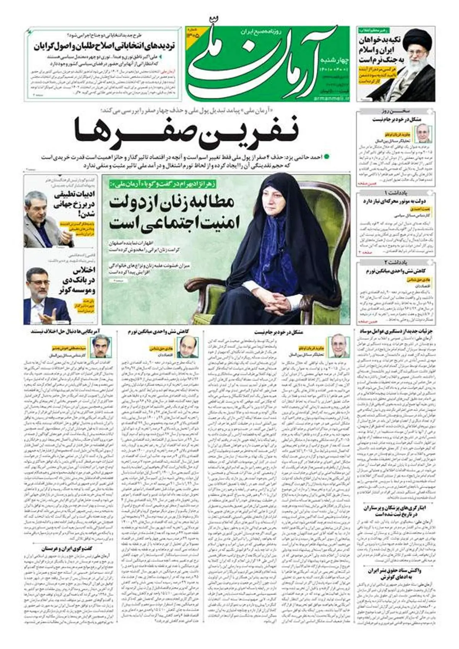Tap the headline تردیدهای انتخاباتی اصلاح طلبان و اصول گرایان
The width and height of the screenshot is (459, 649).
coord(104,47)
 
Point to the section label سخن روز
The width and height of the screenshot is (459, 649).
coord(396,112)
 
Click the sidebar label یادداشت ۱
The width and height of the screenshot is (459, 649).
coord(396,192)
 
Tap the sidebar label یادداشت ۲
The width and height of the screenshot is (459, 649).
coord(396,262)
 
